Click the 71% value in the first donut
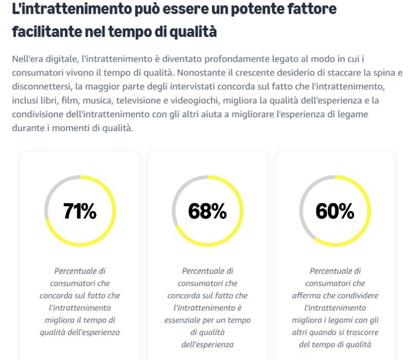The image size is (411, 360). point(80,211)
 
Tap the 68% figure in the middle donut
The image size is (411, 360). point(207,211)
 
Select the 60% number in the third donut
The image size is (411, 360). point(334,211)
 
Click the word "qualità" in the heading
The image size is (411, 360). point(191,32)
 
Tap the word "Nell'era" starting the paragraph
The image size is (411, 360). point(29,59)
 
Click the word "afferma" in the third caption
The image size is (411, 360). point(307,295)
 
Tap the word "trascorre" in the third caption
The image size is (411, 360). point(355,332)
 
